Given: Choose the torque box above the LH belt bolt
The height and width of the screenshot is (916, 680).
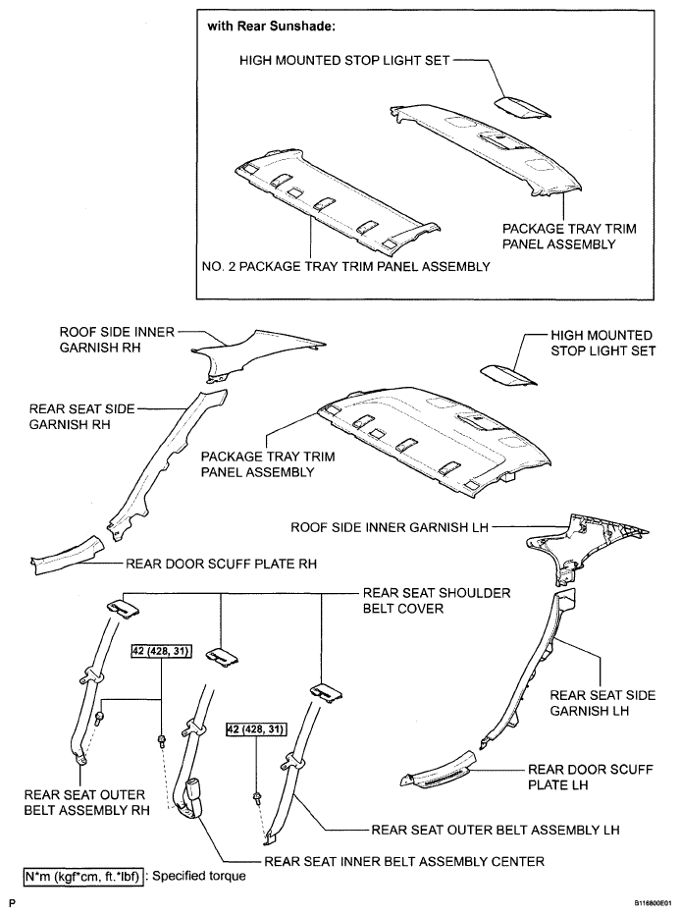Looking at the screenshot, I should click(261, 730).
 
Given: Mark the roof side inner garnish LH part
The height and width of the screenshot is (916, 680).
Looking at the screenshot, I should click(584, 546).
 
